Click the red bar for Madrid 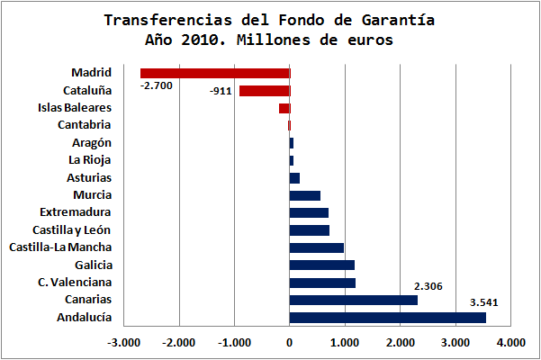tap(215, 73)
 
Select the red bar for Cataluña tap(265, 91)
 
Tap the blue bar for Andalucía tap(387, 317)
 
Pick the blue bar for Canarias tap(353, 300)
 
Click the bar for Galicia tap(321, 265)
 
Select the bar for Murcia tap(304, 195)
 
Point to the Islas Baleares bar tap(284, 108)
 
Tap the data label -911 tap(220, 92)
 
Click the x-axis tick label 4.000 tap(510, 342)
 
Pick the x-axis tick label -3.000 tap(123, 342)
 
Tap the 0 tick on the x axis tap(290, 342)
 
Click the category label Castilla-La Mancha tap(59, 247)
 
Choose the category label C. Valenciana tap(75, 282)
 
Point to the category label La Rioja tap(90, 160)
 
